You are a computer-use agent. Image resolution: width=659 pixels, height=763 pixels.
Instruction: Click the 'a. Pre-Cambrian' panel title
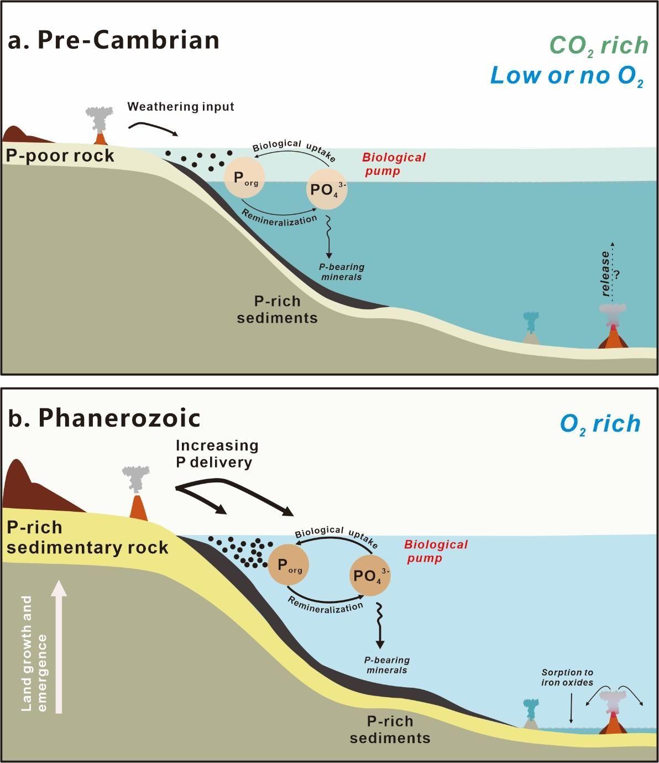click(113, 41)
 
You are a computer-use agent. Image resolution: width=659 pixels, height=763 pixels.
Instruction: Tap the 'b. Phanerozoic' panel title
click(104, 418)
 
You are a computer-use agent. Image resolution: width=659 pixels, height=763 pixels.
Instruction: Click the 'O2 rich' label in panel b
click(600, 424)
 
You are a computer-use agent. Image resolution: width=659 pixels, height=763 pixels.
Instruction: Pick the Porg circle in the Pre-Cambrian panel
click(244, 178)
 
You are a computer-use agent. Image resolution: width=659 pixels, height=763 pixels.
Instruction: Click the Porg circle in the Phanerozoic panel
click(288, 565)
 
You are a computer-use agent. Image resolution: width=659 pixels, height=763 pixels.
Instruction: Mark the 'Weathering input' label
click(181, 106)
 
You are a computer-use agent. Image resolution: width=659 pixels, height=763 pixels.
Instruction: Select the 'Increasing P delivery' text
click(217, 454)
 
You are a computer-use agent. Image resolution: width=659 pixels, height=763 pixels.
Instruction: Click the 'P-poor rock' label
click(60, 155)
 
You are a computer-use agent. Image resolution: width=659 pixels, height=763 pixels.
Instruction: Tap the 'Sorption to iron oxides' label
click(567, 677)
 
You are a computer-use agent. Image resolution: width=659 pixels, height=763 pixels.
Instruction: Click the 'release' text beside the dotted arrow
click(606, 274)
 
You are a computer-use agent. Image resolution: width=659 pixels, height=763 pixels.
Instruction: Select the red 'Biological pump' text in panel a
click(394, 164)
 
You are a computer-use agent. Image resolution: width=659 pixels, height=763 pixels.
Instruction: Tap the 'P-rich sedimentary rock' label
click(87, 537)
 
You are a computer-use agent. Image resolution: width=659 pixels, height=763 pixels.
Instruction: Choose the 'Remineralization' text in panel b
click(326, 605)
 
